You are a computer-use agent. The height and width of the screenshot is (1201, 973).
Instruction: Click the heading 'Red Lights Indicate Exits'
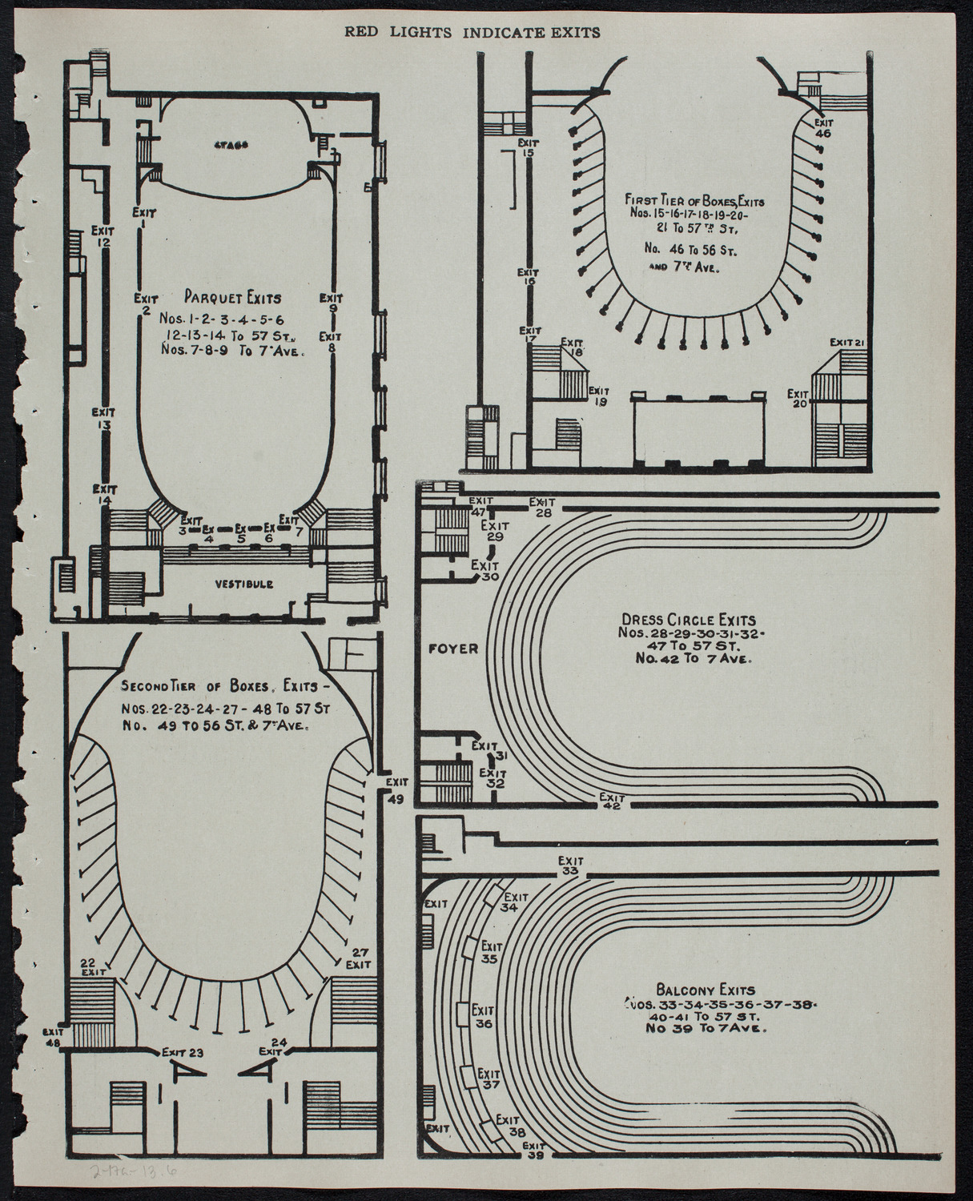coord(472,33)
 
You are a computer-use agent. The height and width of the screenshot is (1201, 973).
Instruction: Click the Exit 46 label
coord(822,128)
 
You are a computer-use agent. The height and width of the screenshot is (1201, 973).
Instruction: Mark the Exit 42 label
coord(612,801)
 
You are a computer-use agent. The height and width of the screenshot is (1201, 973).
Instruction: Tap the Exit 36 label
coord(483,1016)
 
